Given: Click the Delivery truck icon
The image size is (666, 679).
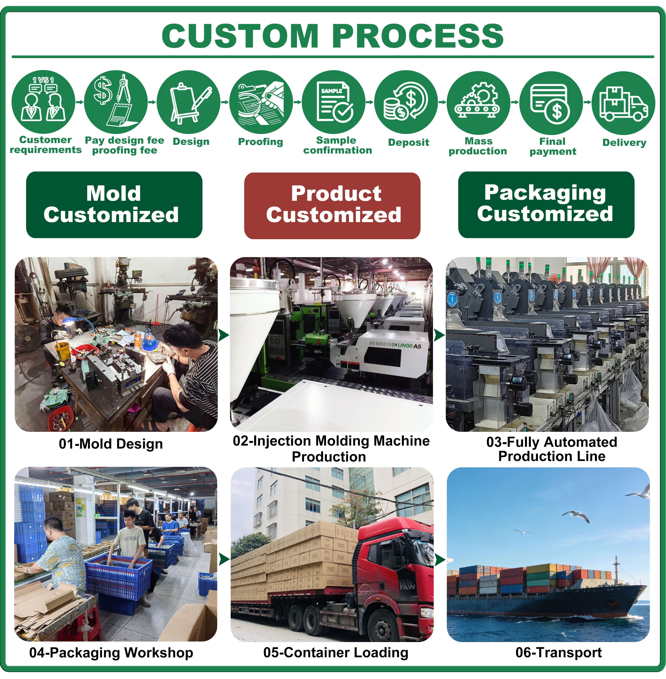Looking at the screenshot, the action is (x=623, y=103).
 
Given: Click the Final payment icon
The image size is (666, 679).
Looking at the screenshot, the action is (x=551, y=103).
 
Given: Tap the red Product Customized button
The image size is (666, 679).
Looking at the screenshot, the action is (x=332, y=206).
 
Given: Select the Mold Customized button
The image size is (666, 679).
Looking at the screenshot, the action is (x=114, y=205).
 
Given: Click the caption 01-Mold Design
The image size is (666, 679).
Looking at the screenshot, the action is (x=111, y=444).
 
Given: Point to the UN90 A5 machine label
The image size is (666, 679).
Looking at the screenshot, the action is (x=409, y=346).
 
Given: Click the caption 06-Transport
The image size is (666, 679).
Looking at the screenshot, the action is (x=559, y=652).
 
